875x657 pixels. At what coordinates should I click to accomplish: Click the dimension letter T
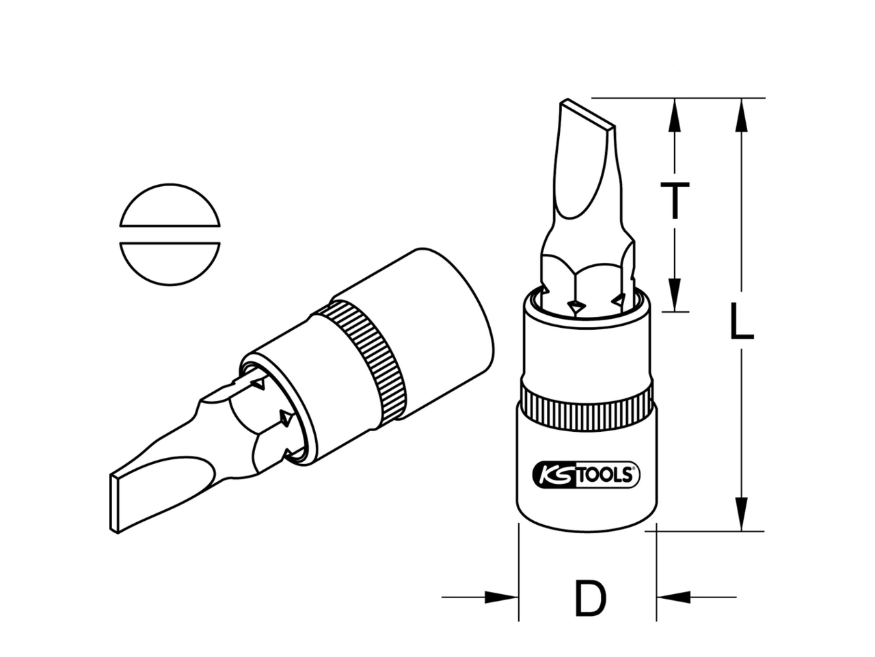[675, 201]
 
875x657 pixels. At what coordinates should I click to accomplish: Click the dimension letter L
[741, 321]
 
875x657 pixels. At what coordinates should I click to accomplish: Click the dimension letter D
[591, 610]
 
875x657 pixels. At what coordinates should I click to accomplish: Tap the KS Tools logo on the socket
[586, 475]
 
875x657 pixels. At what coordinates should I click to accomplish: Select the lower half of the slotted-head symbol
[170, 263]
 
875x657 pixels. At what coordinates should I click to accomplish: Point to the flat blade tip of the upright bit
[587, 114]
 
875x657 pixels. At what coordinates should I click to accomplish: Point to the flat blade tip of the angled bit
[114, 504]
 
